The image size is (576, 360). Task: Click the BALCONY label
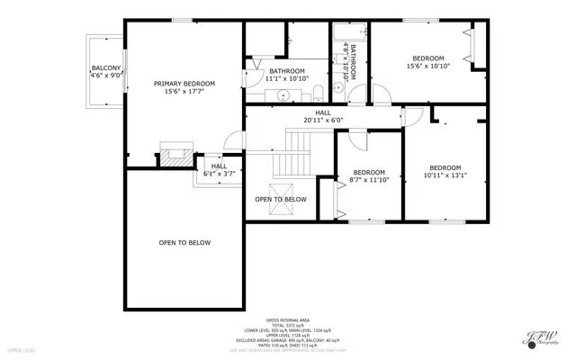pos(100,69)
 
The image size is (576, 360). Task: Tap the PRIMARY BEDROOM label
pos(184,83)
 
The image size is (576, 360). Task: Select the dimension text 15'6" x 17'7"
pos(184,91)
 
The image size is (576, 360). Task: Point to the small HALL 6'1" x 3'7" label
pos(219,166)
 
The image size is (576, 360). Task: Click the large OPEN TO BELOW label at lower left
pos(184,243)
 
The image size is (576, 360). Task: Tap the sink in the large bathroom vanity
pos(282,93)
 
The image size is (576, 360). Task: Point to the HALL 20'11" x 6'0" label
pos(323,116)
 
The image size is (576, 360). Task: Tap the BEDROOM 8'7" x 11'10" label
pos(369,175)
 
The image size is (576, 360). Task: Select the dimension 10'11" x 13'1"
pos(445,175)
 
